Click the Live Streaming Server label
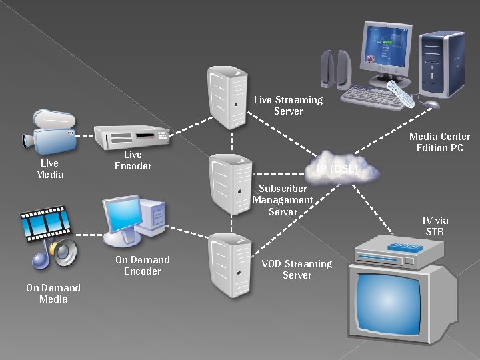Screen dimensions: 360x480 coord(288,105)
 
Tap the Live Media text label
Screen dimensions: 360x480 coord(49,169)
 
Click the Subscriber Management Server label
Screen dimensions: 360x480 coord(283,200)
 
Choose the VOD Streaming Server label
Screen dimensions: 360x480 coord(297,269)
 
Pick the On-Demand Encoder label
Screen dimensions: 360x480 coord(142,265)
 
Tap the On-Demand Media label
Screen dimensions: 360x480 coord(53,293)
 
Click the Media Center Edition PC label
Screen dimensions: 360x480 coord(439,142)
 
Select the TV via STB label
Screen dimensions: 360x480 coord(435,226)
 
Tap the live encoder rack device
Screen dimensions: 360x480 coord(131,136)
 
